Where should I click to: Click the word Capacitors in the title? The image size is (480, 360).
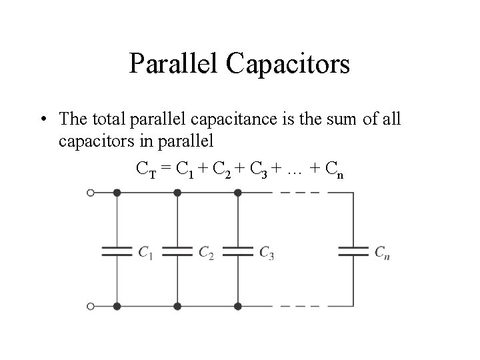288,65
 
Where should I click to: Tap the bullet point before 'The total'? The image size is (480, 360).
42,120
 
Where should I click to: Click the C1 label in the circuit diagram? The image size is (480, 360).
146,252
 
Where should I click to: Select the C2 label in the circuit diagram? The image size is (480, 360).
206,252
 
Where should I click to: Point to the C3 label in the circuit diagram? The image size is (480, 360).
266,252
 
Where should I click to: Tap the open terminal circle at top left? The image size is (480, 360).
90,193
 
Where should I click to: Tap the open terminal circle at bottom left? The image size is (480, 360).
90,306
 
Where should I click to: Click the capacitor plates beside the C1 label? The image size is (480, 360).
117,251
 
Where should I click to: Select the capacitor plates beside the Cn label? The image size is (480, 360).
353,251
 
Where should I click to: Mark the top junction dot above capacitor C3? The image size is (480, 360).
237,193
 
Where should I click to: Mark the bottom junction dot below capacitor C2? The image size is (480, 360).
177,306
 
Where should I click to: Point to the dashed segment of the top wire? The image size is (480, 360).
300,193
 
